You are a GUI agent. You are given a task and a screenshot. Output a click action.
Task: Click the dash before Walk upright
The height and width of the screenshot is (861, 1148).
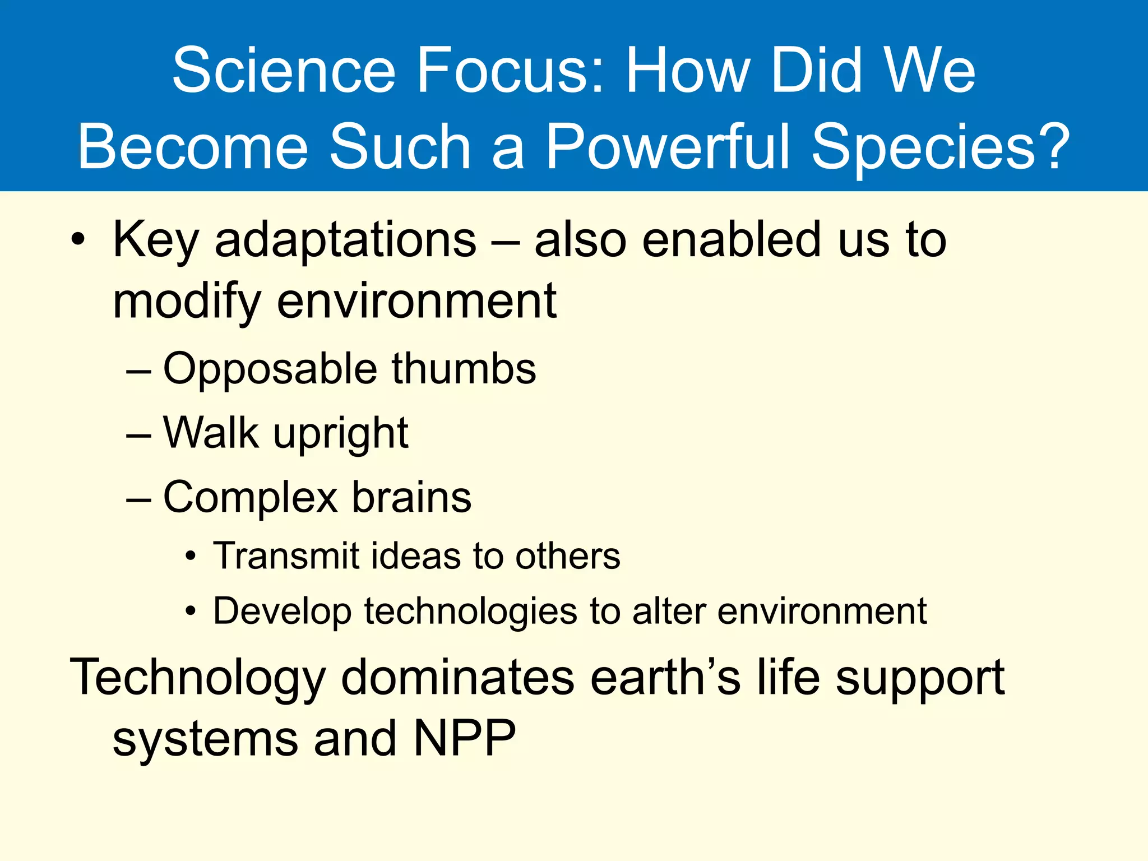[138, 435]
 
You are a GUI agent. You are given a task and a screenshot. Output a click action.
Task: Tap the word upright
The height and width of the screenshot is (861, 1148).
[341, 435]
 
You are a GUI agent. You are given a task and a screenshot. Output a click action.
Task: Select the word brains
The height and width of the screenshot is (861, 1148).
[411, 498]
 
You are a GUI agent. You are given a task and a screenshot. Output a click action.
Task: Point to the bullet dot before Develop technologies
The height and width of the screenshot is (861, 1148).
[191, 612]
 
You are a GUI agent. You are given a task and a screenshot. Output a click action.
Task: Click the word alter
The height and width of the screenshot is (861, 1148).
[669, 610]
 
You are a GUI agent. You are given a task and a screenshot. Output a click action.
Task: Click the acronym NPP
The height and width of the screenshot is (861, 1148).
[464, 739]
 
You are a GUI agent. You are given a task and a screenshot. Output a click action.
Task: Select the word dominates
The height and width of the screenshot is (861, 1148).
[457, 677]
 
